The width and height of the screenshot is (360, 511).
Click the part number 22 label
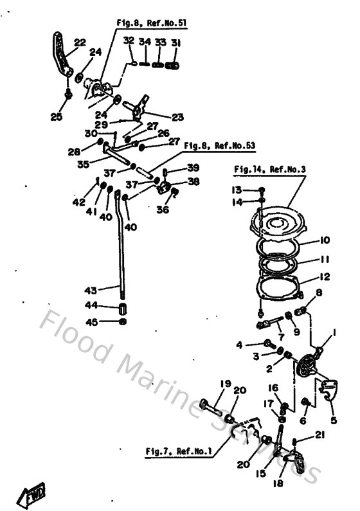tap(79, 43)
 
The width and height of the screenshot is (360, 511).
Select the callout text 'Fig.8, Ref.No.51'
tap(151, 22)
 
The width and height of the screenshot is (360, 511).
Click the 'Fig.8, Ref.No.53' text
tap(219, 146)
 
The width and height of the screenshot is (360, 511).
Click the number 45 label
tap(93, 321)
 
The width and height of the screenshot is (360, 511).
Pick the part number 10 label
tap(323, 240)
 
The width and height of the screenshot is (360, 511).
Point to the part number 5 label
tap(332, 421)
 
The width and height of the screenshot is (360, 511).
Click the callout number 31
tap(176, 43)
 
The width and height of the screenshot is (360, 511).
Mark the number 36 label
tap(164, 209)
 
